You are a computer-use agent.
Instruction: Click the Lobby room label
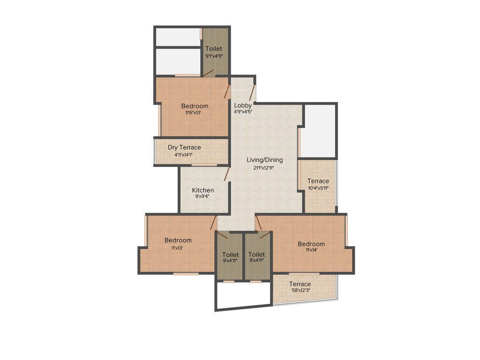click(x=243, y=105)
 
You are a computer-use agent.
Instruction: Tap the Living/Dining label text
click(x=265, y=160)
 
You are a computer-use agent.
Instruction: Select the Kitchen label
click(x=203, y=190)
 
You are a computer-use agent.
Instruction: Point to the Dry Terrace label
click(x=184, y=147)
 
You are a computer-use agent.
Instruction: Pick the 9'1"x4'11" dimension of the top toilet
click(x=214, y=56)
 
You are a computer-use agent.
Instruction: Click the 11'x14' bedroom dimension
click(x=311, y=251)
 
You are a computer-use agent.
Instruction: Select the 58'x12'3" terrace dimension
click(x=300, y=290)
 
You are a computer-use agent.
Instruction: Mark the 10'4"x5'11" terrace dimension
click(x=318, y=188)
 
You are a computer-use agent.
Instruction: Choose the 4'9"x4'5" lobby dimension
click(x=243, y=112)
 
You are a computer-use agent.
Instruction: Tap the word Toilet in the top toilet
click(x=214, y=48)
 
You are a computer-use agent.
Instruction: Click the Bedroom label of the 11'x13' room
click(x=178, y=240)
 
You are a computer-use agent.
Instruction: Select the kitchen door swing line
click(x=227, y=174)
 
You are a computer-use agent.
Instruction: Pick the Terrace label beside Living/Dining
click(x=318, y=181)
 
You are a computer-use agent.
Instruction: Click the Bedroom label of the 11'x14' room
click(x=311, y=244)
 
